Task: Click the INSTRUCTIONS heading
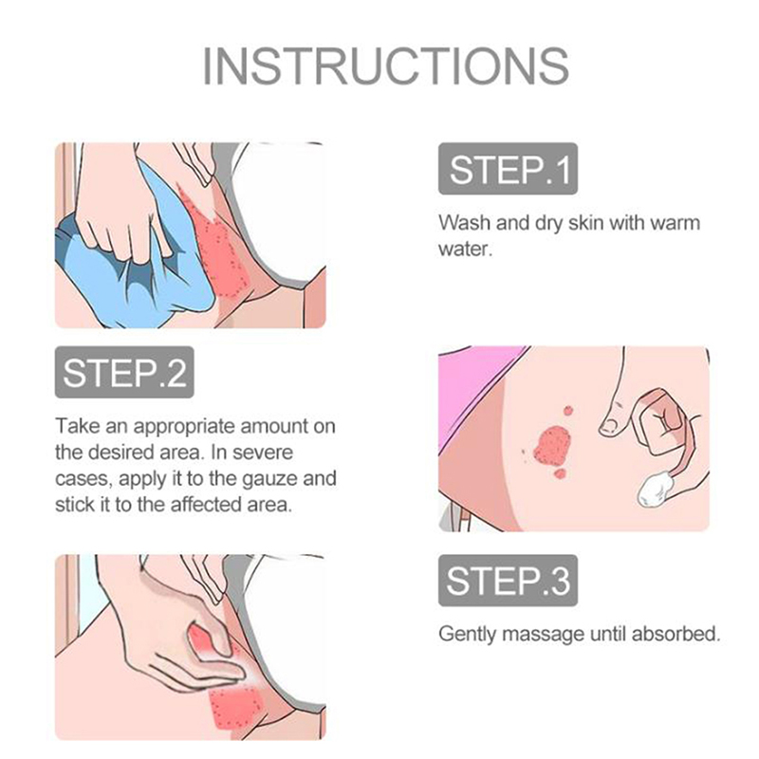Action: (x=385, y=66)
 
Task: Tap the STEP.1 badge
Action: (x=508, y=169)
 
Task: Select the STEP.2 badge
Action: (x=124, y=372)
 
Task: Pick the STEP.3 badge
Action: (x=508, y=581)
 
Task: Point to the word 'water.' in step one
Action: (x=465, y=249)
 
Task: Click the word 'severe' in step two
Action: (x=263, y=453)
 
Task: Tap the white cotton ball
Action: (x=653, y=490)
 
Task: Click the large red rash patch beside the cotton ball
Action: (x=553, y=445)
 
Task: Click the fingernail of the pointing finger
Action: (x=608, y=425)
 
